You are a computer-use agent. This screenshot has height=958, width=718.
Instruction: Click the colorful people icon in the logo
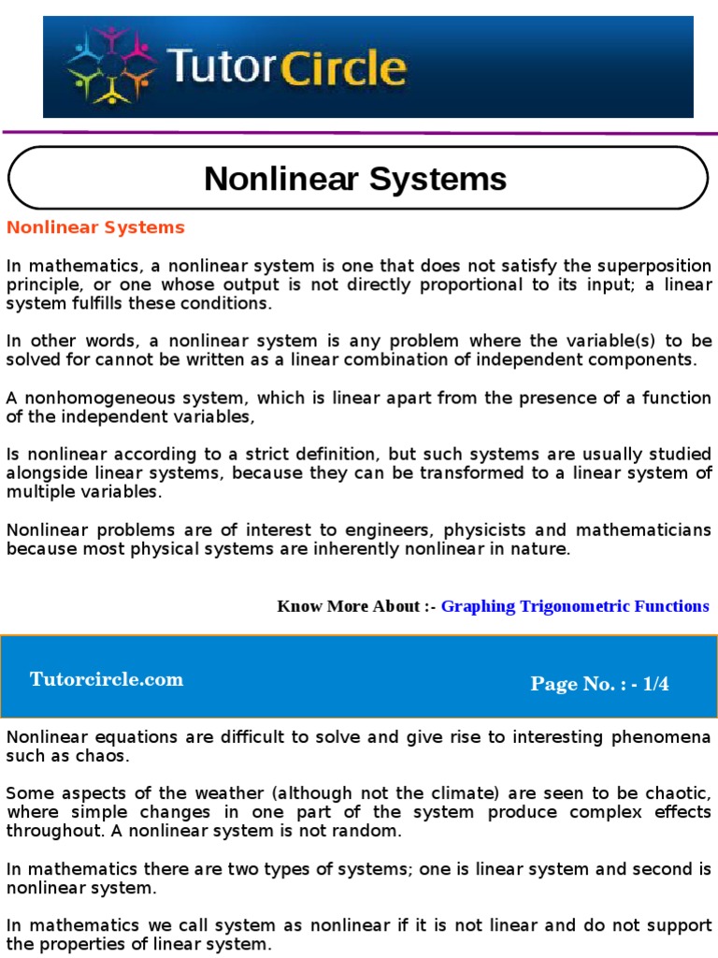point(110,66)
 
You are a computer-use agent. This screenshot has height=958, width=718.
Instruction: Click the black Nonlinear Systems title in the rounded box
point(355,178)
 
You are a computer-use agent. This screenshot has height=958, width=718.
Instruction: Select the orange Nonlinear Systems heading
point(96,227)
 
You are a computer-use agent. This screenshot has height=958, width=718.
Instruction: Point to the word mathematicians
point(642,530)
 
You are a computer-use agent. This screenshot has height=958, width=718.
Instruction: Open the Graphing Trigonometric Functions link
point(575,606)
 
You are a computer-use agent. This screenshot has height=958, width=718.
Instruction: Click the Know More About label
point(356,606)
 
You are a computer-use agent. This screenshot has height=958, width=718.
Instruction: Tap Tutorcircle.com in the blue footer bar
point(107,680)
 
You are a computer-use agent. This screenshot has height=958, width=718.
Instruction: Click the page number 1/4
point(651,684)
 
